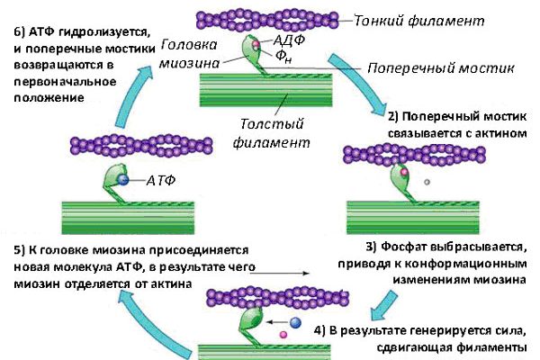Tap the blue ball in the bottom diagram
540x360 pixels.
294,321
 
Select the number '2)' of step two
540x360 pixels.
394,116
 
